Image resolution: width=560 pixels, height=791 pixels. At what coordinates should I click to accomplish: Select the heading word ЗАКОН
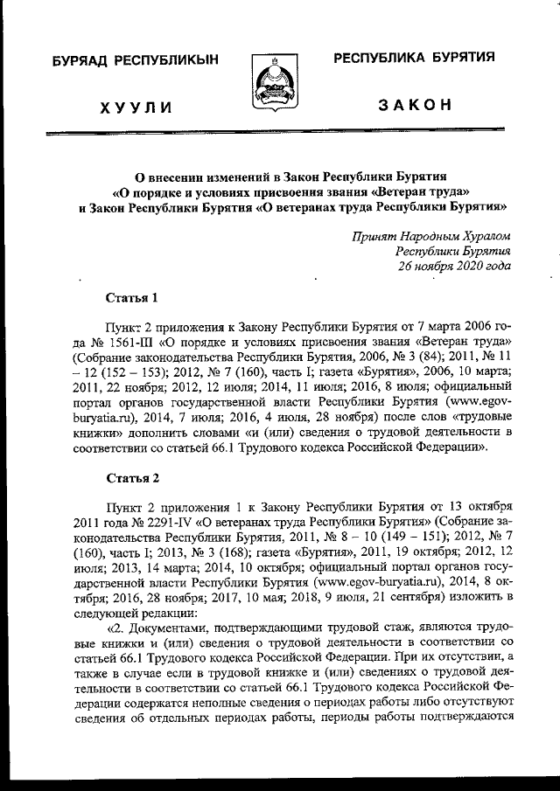coord(414,106)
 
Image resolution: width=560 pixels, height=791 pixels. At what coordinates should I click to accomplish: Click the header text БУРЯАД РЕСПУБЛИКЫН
coord(135,60)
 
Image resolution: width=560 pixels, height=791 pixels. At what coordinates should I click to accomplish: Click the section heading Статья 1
coord(131,297)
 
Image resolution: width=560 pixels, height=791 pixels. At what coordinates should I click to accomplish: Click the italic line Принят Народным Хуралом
coord(431,236)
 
